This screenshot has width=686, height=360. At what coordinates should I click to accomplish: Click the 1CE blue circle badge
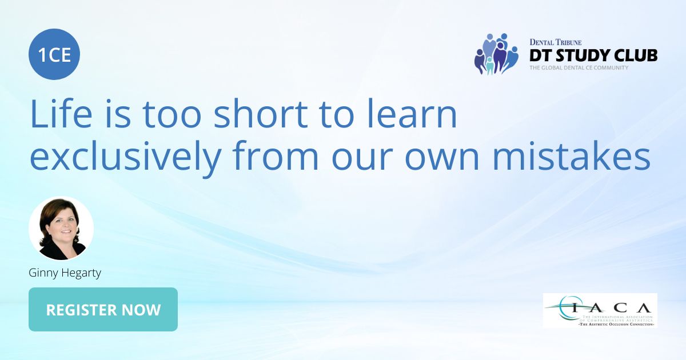coord(54,54)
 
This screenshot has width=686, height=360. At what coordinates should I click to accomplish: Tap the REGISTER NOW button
coord(103,310)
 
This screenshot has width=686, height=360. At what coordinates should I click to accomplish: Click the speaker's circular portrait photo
coord(61,229)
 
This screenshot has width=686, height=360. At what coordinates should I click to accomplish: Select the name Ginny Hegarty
coord(65,273)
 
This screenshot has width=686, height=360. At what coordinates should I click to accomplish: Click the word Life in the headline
coord(54,114)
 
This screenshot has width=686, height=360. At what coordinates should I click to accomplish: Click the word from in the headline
coord(272,157)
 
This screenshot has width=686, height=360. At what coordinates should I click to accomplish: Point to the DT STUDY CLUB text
coord(593,55)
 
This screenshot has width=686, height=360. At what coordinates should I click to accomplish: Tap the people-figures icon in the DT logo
coord(496,54)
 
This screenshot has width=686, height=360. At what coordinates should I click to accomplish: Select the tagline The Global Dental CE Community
coord(579,68)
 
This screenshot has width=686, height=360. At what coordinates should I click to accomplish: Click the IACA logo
coord(600,310)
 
